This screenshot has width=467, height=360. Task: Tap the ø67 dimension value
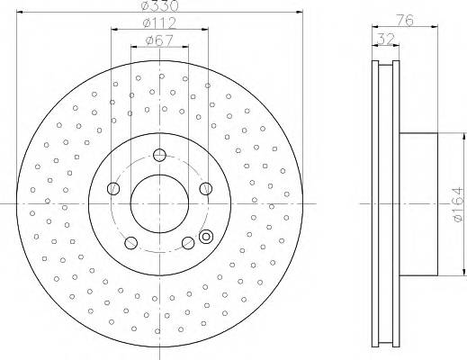(159, 40)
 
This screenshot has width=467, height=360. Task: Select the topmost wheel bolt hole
(159, 155)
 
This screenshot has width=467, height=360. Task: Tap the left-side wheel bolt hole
(112, 189)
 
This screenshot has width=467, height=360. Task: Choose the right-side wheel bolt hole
(206, 189)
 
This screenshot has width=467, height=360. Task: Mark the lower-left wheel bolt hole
(130, 242)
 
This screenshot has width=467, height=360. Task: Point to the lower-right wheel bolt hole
(188, 242)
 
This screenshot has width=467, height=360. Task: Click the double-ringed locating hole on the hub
(206, 238)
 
